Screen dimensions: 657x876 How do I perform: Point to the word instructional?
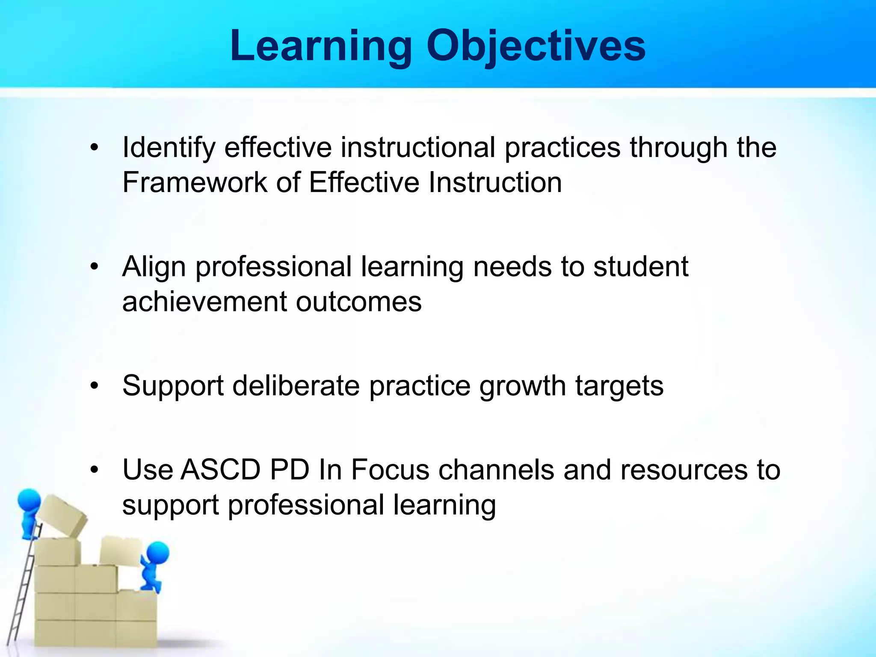tap(418, 148)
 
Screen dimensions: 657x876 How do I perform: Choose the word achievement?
tap(204, 302)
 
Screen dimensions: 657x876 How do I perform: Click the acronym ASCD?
tap(220, 470)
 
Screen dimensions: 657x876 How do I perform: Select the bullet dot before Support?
tap(95, 386)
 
